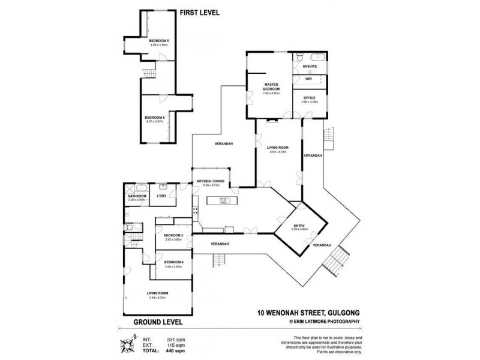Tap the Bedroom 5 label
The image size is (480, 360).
pyautogui.click(x=159, y=41)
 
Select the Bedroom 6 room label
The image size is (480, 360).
pyautogui.click(x=155, y=118)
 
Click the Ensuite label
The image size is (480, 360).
pyautogui.click(x=310, y=65)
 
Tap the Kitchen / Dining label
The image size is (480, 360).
pyautogui.click(x=210, y=182)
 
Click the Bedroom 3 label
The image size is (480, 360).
pyautogui.click(x=173, y=235)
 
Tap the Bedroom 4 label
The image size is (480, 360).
pyautogui.click(x=173, y=262)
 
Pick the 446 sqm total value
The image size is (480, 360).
pyautogui.click(x=175, y=352)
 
